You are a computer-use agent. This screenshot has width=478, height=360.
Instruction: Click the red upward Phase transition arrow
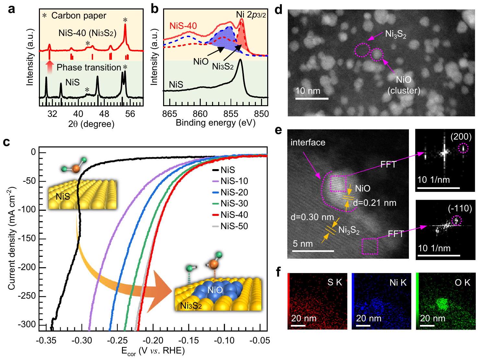tap(49, 68)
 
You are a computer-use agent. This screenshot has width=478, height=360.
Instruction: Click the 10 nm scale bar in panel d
tap(312, 98)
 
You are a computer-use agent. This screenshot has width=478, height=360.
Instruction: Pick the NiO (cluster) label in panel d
tap(404, 85)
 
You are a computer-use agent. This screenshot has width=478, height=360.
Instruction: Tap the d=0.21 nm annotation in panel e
tap(374, 203)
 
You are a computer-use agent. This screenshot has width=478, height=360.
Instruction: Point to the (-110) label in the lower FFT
tap(460, 208)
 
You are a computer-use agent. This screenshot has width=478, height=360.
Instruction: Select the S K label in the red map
tap(335, 282)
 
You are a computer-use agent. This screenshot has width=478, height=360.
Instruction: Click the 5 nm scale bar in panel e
tap(313, 251)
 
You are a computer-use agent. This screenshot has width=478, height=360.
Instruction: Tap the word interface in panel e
tap(308, 143)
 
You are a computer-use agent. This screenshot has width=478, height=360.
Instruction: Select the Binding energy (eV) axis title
tap(215, 123)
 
